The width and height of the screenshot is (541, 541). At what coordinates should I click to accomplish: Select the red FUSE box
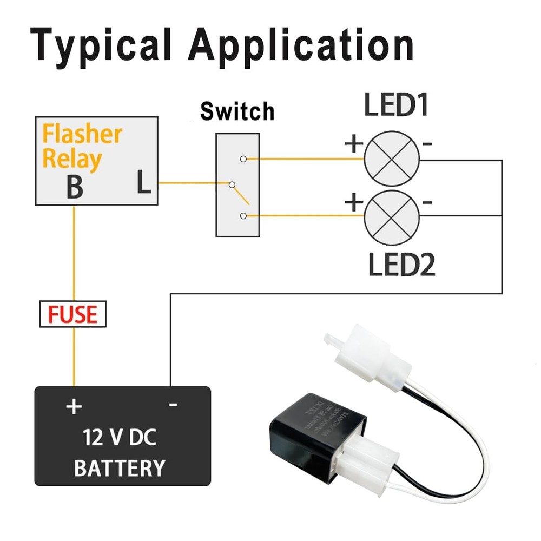pyautogui.click(x=73, y=314)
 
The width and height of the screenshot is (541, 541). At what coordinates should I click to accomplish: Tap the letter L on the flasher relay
pyautogui.click(x=143, y=183)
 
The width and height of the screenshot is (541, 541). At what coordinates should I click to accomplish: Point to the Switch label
pyautogui.click(x=237, y=111)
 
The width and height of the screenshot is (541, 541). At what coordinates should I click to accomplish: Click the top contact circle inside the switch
pyautogui.click(x=243, y=159)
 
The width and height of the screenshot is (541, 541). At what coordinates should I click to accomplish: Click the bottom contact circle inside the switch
pyautogui.click(x=243, y=216)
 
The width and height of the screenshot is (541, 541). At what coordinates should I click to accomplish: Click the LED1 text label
pyautogui.click(x=396, y=105)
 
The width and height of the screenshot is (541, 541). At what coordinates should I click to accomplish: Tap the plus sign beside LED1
pyautogui.click(x=353, y=144)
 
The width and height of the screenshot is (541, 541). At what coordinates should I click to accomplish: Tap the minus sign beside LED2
pyautogui.click(x=427, y=203)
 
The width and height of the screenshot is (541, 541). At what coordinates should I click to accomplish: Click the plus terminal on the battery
pyautogui.click(x=73, y=406)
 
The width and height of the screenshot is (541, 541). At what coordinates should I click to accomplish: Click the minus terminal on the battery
pyautogui.click(x=173, y=405)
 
